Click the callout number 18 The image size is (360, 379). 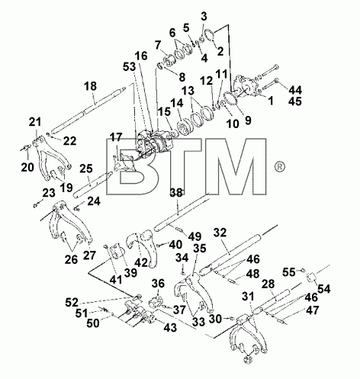pyautogui.click(x=91, y=86)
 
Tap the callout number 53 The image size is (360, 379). pyautogui.click(x=130, y=67)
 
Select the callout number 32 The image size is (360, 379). pyautogui.click(x=220, y=233)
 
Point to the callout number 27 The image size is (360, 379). pyautogui.click(x=89, y=255)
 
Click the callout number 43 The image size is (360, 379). pyautogui.click(x=170, y=327)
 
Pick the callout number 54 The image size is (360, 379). pyautogui.click(x=323, y=289)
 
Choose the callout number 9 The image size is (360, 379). pyautogui.click(x=247, y=120)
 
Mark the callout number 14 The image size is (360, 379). pyautogui.click(x=177, y=103)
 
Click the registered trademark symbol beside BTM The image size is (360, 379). pyautogui.click(x=280, y=167)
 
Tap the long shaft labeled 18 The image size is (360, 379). pyautogui.click(x=88, y=110)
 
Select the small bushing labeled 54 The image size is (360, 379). pyautogui.click(x=312, y=277)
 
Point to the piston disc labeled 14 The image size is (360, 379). pyautogui.click(x=185, y=128)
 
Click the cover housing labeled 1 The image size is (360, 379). pyautogui.click(x=246, y=85)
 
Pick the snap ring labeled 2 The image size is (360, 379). pyautogui.click(x=210, y=37)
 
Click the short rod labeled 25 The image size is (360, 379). pyautogui.click(x=93, y=185)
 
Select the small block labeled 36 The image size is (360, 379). pyautogui.click(x=155, y=302)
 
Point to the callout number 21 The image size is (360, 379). pyautogui.click(x=35, y=122)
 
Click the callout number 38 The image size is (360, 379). pyautogui.click(x=176, y=192)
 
